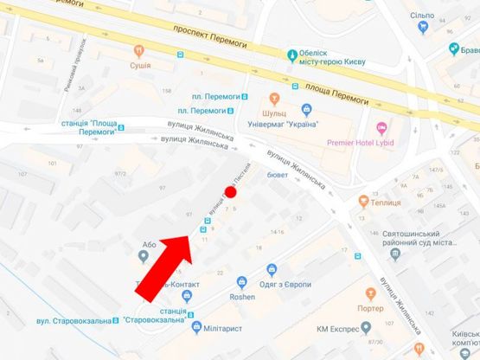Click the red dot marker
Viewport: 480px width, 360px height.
pyautogui.click(x=229, y=192)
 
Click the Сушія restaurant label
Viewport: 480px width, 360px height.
pyautogui.click(x=139, y=66)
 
